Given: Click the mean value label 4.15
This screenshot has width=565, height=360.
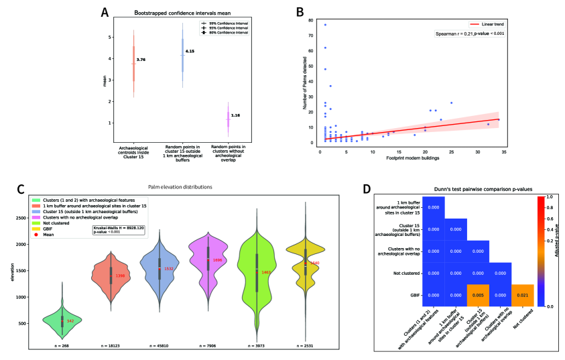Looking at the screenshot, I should click(x=190, y=51).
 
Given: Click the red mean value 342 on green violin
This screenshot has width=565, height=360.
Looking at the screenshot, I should click(x=70, y=322).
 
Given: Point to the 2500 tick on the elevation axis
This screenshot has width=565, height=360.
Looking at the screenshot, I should click(x=19, y=218).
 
